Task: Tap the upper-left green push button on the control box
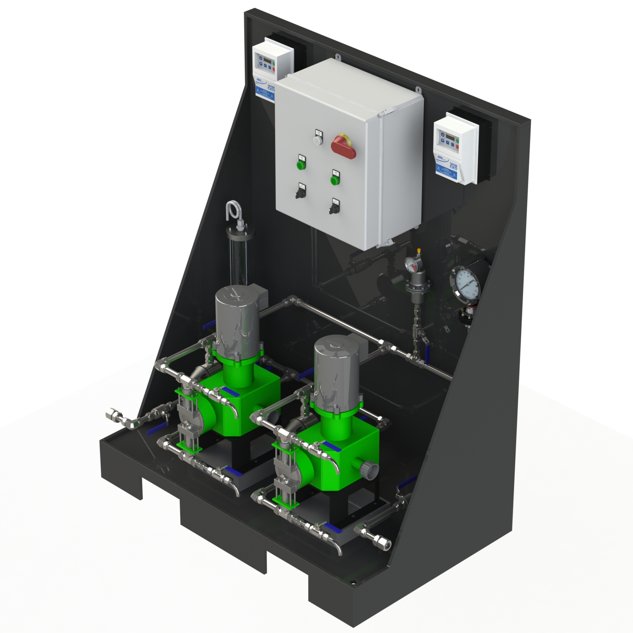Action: point(301,165)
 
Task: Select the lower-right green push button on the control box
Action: point(335,180)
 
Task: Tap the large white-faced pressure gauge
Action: point(466,284)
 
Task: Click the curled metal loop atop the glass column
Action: point(233,211)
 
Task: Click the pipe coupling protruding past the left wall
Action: point(115,416)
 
